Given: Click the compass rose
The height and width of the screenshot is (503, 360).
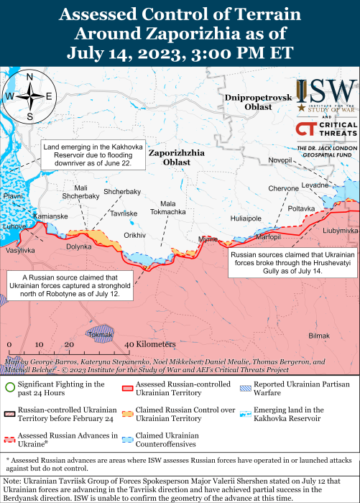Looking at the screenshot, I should tap(29, 96).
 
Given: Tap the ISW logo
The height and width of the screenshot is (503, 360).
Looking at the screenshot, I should tap(327, 95).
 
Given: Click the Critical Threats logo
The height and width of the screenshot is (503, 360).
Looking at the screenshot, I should tap(327, 130).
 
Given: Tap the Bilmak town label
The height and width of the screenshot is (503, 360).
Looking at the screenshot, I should tap(318, 336).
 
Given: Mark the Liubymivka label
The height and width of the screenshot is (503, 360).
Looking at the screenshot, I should tap(341, 231).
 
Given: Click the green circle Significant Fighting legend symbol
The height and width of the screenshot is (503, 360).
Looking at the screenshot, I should tap(10, 389).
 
